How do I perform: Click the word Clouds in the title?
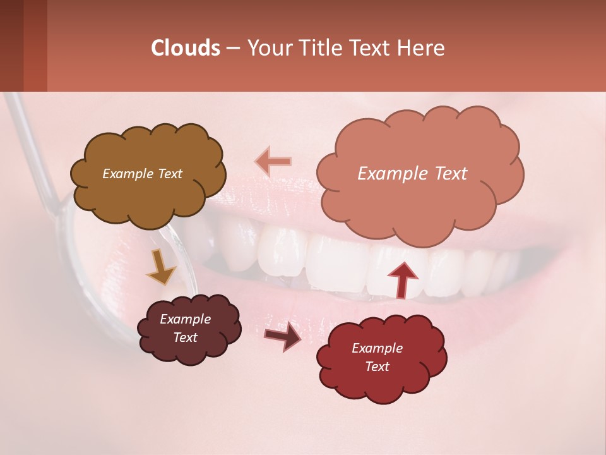tap(186, 48)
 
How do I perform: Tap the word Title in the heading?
tap(321, 48)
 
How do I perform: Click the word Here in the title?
tap(422, 48)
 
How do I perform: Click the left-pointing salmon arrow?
tap(273, 161)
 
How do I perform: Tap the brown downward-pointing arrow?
tap(161, 267)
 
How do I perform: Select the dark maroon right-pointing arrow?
tap(282, 336)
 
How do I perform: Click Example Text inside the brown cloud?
tap(142, 174)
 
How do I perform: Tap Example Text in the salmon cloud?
tap(412, 174)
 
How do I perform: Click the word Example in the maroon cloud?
tap(186, 319)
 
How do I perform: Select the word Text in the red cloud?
tap(377, 367)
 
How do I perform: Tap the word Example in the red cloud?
tap(377, 348)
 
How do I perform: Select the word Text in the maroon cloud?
tap(186, 337)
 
